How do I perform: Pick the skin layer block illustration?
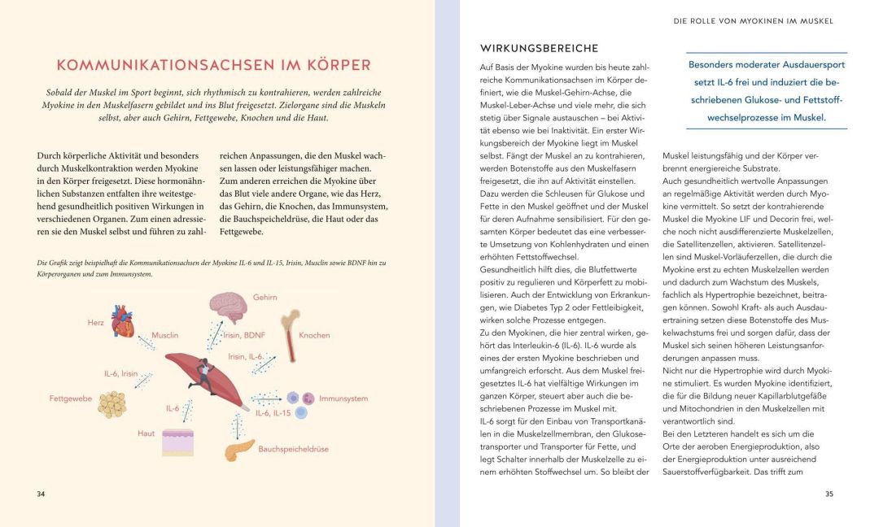177,440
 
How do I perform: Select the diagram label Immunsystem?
343,399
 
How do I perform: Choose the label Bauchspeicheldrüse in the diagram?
293,449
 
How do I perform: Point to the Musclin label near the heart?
165,334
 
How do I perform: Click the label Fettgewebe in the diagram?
70,399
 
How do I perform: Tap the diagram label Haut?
146,433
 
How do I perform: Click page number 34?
42,494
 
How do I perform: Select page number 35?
828,494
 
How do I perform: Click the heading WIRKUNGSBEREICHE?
539,49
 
